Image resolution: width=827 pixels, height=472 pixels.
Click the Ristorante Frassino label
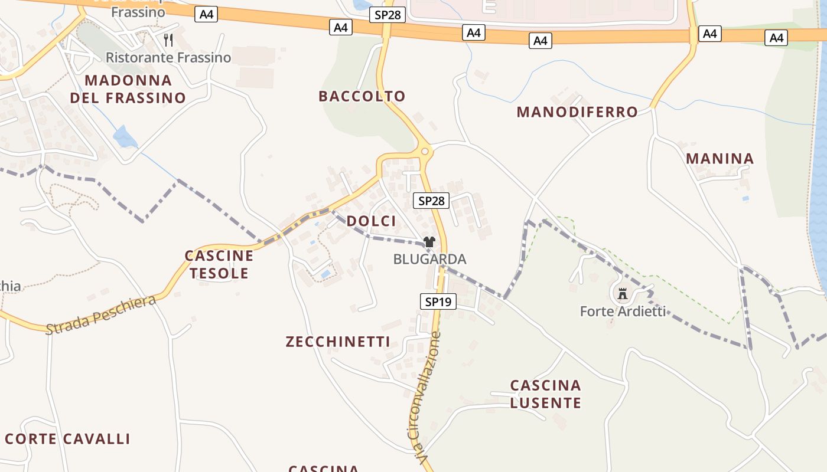pyautogui.click(x=168, y=58)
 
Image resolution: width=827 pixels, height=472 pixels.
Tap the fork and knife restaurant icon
pyautogui.click(x=168, y=40)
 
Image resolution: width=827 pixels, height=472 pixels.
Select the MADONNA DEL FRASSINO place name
pyautogui.click(x=128, y=89)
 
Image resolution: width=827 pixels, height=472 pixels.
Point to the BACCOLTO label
pyautogui.click(x=362, y=96)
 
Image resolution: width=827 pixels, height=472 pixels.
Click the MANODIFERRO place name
pyautogui.click(x=577, y=112)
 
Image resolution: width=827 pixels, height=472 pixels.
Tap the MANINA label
pyautogui.click(x=720, y=159)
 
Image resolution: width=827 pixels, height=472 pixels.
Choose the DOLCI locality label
pyautogui.click(x=372, y=221)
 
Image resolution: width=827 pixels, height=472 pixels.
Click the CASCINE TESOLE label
pyautogui.click(x=219, y=264)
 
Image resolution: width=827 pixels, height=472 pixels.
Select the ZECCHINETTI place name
pyautogui.click(x=338, y=342)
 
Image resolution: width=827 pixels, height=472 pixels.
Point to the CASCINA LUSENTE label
pyautogui.click(x=546, y=394)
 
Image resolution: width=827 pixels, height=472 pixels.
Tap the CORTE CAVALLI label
pyautogui.click(x=67, y=439)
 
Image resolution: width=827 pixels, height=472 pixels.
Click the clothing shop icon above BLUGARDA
pyautogui.click(x=429, y=242)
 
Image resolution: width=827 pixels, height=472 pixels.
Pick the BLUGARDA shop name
pyautogui.click(x=429, y=259)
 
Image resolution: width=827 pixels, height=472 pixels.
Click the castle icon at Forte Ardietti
pyautogui.click(x=622, y=293)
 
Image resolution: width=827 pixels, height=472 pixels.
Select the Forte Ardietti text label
pyautogui.click(x=623, y=311)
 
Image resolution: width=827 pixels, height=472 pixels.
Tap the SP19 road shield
pyautogui.click(x=438, y=301)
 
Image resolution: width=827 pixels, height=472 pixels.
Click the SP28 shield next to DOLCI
pyautogui.click(x=431, y=201)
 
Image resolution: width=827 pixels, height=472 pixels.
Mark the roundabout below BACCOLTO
pyautogui.click(x=424, y=152)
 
